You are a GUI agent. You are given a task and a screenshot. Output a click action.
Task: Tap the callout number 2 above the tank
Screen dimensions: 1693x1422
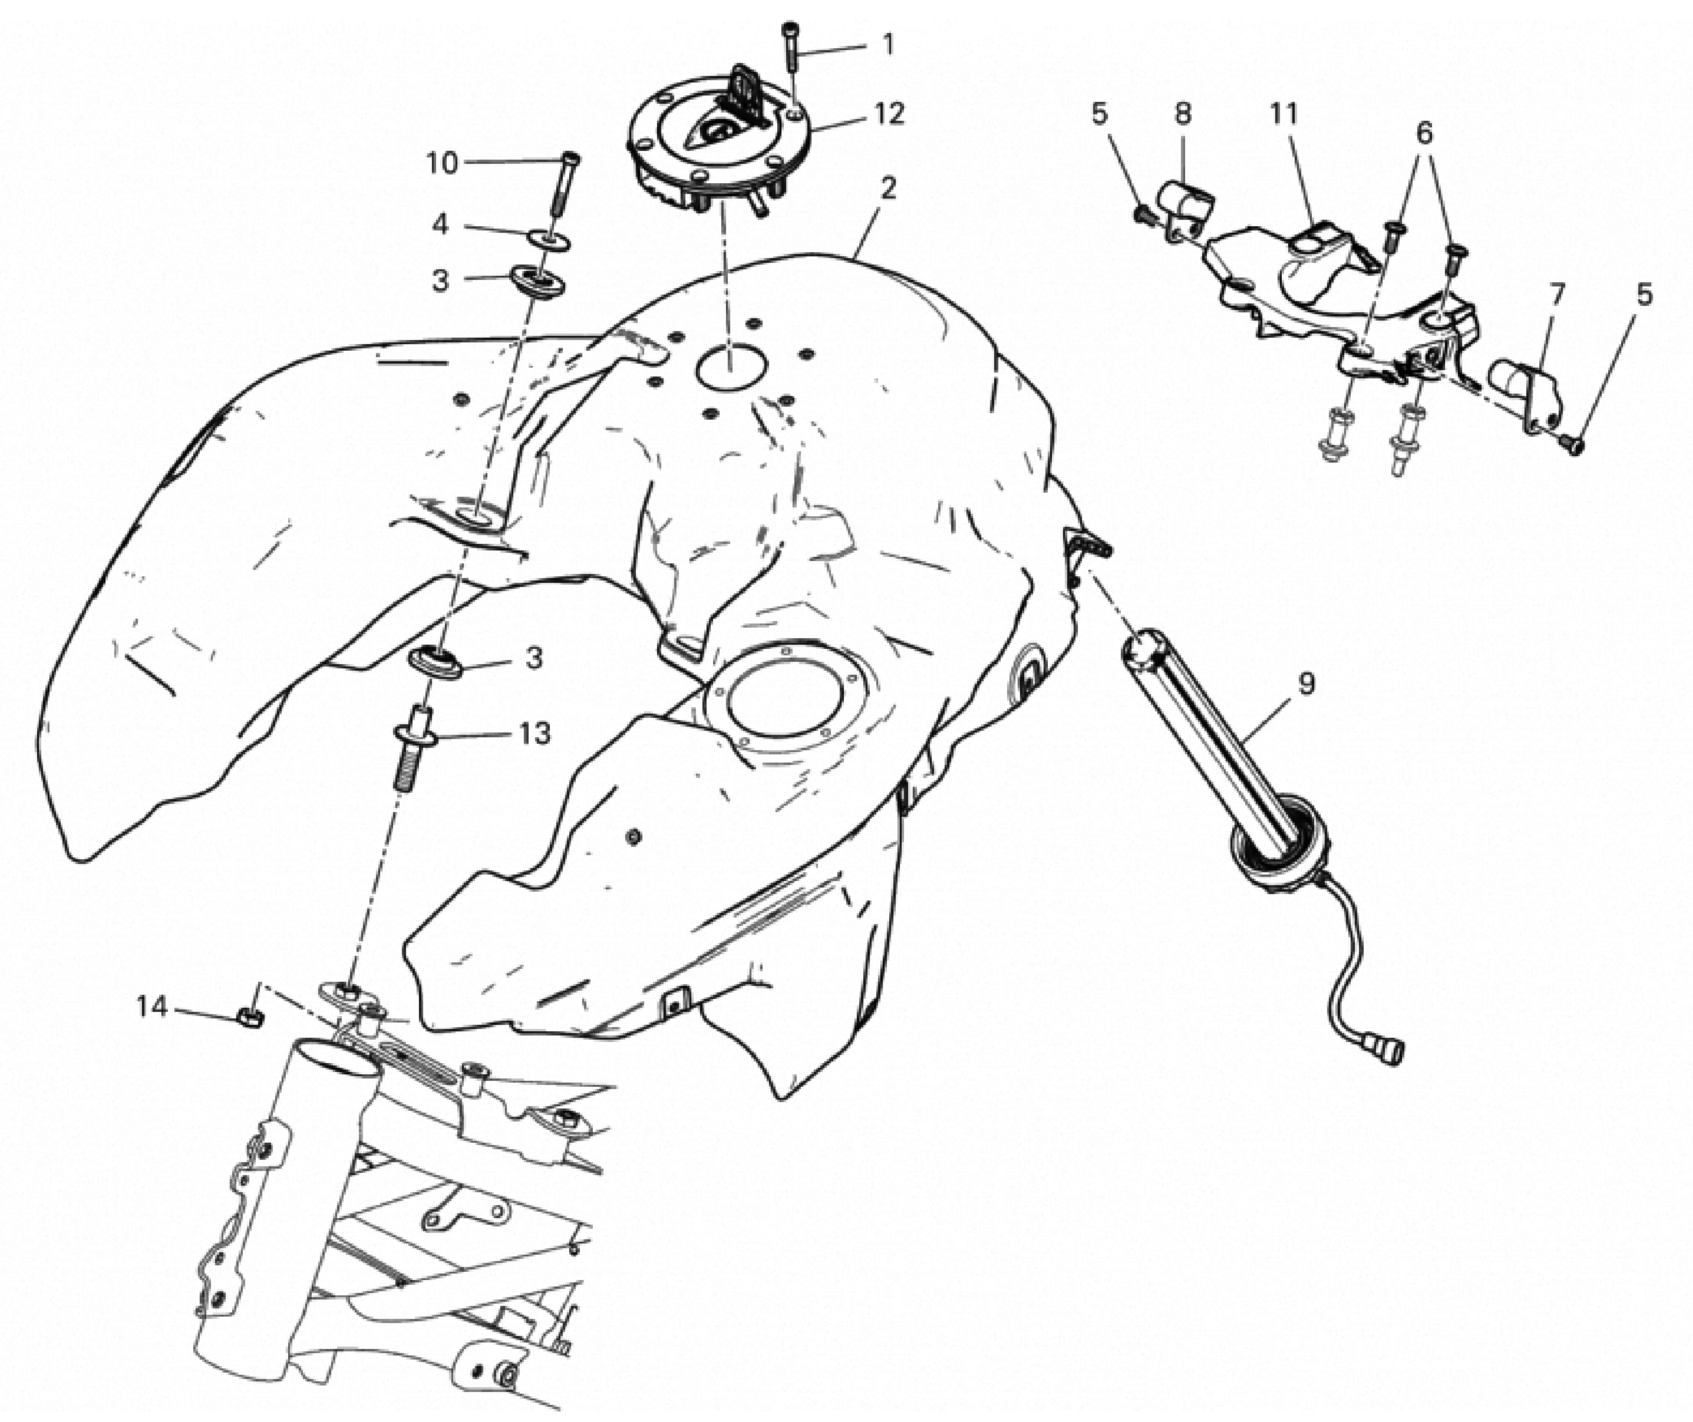coord(888,189)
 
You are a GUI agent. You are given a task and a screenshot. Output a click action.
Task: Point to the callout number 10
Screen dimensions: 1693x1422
coord(442,164)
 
